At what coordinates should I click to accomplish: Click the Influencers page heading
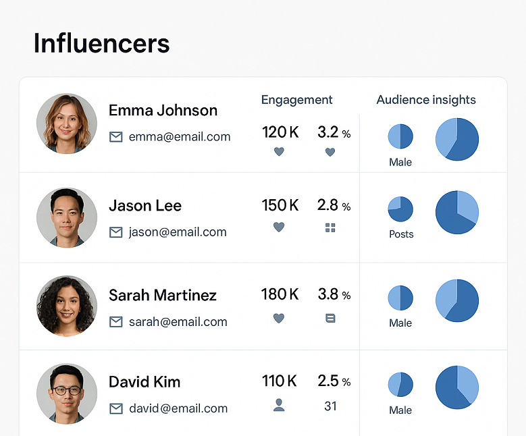tap(101, 44)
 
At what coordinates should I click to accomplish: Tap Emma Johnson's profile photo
tap(67, 124)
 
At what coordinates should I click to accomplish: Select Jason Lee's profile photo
tap(67, 217)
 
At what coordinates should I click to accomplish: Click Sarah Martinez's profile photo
tap(67, 306)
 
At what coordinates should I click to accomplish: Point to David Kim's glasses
tap(67, 390)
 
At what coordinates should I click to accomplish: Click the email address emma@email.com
tap(180, 137)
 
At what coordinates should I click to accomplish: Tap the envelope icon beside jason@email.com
tap(116, 232)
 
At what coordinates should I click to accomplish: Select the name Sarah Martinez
tap(163, 295)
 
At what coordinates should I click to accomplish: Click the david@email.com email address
tap(178, 408)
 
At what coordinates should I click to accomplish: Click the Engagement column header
tap(296, 100)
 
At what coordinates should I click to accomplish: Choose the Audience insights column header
tap(426, 100)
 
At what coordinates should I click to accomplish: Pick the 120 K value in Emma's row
tap(280, 132)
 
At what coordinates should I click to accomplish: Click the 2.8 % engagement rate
tap(334, 205)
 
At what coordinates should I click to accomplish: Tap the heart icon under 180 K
tap(279, 318)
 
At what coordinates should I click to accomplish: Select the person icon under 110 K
tap(279, 405)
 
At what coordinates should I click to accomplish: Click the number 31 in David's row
tap(330, 406)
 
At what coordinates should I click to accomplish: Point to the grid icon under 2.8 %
tap(330, 228)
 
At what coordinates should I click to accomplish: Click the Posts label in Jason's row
tap(401, 234)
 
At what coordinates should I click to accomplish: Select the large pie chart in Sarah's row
tap(457, 300)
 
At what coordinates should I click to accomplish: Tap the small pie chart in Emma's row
tap(400, 136)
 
